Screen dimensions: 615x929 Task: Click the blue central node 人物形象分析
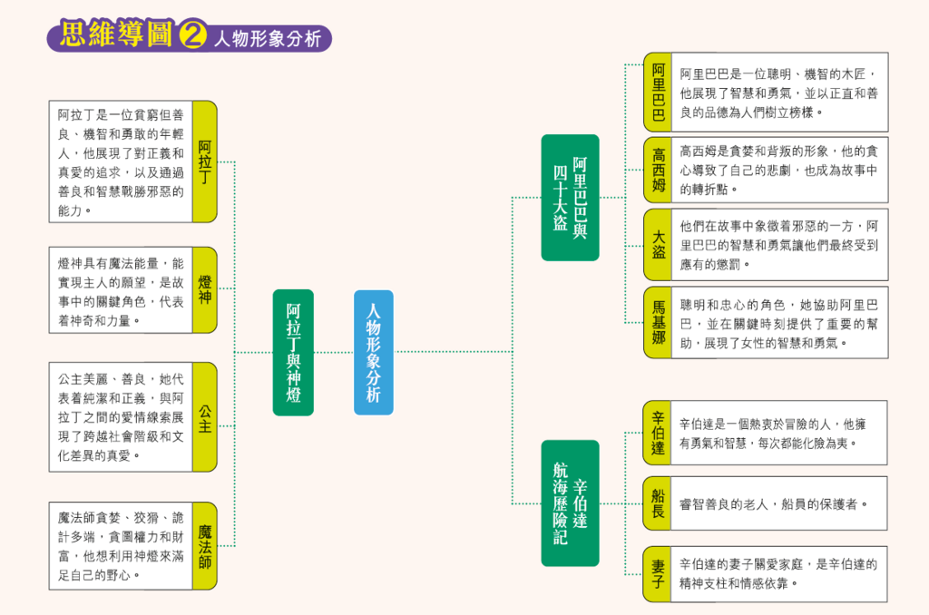374,352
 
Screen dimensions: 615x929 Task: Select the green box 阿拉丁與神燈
293,352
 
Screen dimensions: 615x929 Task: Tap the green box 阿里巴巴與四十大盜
570,197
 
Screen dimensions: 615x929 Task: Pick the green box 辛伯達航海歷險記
570,503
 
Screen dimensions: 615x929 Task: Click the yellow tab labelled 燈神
205,289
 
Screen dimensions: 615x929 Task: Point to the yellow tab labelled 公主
205,416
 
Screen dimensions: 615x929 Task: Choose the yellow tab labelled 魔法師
205,545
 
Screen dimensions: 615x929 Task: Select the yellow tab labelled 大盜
658,243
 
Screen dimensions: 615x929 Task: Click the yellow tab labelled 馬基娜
658,322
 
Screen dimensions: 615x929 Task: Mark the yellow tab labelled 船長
658,503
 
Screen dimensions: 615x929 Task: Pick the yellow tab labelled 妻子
658,573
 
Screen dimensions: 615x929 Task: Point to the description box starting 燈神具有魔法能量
120,289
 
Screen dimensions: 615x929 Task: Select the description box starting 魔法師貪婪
120,545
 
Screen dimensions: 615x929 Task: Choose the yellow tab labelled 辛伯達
658,433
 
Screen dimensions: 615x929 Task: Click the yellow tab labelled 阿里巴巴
658,92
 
